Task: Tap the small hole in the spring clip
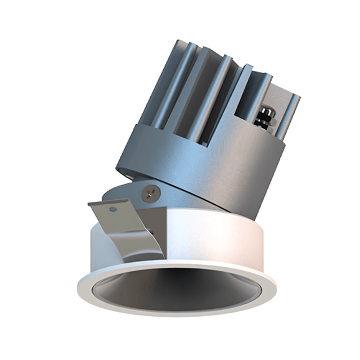pos(114,209)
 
